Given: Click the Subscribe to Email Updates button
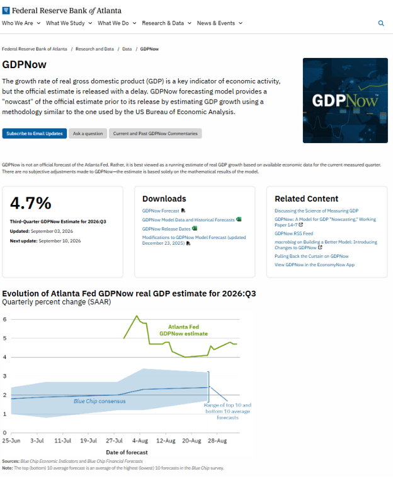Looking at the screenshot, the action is point(35,134).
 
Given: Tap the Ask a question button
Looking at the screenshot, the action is point(88,134).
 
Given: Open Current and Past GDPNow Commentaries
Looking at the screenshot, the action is point(156,134).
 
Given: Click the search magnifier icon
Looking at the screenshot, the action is point(381,23).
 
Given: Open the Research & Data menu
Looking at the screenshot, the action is point(166,23).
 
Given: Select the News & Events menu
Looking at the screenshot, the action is point(219,23).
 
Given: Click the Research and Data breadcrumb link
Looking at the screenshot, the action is point(94,49).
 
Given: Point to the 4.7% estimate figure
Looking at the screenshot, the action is point(30,203).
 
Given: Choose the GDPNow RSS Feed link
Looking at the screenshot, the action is point(293,233).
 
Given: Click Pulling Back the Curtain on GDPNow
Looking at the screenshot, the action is point(311,256).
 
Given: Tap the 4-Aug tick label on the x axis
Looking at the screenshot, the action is point(140,441).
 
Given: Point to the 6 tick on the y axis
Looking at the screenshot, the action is point(4,320).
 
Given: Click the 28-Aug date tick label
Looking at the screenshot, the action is point(217,441).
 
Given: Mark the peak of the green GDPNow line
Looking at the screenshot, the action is point(137,316).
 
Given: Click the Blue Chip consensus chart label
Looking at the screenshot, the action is point(100,401).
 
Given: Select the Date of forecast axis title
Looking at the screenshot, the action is point(127,452).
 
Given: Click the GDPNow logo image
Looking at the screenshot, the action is point(345,100).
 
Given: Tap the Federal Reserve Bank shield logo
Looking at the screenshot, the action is point(6,11).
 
